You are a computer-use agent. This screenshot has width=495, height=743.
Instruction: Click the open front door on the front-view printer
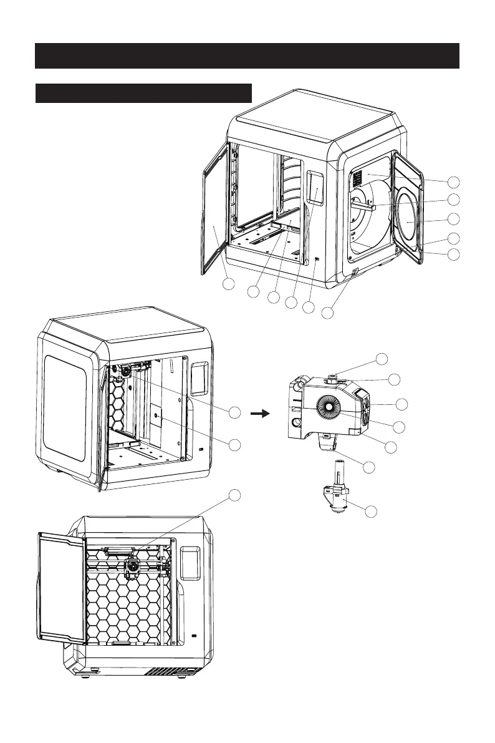61,586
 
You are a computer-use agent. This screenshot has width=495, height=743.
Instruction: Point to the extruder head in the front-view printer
133,568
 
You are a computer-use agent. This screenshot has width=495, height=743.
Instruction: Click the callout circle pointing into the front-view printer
234,495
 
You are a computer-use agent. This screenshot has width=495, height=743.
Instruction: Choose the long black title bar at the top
247,56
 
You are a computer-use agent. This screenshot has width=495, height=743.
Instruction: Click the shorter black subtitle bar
143,93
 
